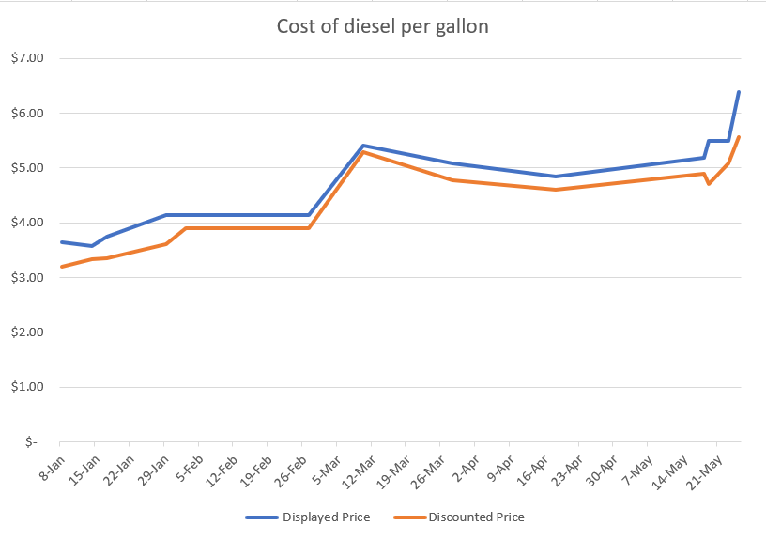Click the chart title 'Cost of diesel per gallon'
382,26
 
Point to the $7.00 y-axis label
27,58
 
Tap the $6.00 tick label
27,113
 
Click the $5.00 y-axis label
27,168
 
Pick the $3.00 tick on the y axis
27,277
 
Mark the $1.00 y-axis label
27,387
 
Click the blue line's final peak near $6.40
739,92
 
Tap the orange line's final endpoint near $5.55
739,137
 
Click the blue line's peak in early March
363,146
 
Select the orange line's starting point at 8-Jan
60,267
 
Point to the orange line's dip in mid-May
709,183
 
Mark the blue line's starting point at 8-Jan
60,242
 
